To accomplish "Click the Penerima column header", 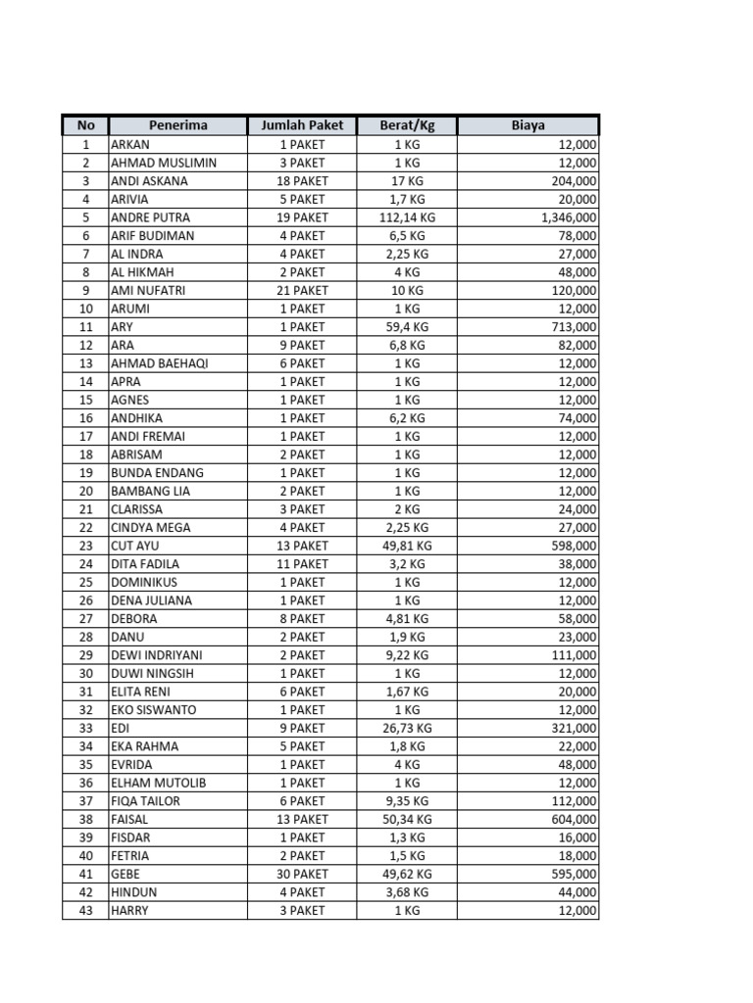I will coord(177,125).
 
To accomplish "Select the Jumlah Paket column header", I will coord(301,125).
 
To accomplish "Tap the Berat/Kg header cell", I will coord(406,125).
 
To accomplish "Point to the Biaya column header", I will coord(527,125).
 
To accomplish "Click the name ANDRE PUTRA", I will coord(150,217).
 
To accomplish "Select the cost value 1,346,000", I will coord(568,217).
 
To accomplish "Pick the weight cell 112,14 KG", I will coord(407,217).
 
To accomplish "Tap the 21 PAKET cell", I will coord(302,290).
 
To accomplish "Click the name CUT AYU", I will coord(135,546).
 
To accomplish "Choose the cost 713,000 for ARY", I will coord(574,327).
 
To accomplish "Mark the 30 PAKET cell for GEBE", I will coord(302,874).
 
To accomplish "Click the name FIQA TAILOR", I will coord(145,800).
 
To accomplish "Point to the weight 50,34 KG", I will coord(407,819).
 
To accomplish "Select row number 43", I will coord(85,910).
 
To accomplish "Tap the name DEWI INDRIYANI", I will coord(155,654).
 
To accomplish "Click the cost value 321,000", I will coord(574,728).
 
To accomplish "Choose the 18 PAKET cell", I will coord(302,181).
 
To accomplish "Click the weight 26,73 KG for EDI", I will coord(407,728).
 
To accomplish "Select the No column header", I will coord(85,125).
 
